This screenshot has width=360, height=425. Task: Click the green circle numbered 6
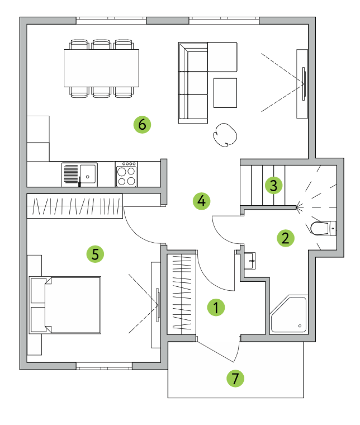[x=142, y=125]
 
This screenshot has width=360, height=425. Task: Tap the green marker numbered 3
[x=274, y=185]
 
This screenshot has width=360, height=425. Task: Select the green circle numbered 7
[x=235, y=379]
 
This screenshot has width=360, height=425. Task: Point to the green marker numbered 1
[x=216, y=307]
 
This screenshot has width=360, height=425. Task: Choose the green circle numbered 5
[x=95, y=254]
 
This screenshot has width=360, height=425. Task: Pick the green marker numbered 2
[x=285, y=238]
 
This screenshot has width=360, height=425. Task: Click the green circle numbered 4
[x=202, y=201]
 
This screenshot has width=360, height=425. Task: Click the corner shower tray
[x=289, y=314]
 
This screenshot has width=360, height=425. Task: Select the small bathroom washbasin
[x=249, y=261]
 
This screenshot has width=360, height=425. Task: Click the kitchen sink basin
[x=88, y=174]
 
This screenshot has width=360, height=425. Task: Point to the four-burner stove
[x=126, y=174]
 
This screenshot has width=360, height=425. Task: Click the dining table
[x=101, y=68]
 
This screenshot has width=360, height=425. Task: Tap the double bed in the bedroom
[x=65, y=305]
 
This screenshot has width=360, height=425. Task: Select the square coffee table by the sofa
[x=225, y=93]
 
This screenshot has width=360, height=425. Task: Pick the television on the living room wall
[x=303, y=84]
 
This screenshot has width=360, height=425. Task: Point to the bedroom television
[x=158, y=305]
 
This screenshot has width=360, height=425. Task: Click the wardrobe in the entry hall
[x=181, y=294]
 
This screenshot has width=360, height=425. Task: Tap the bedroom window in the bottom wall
[x=104, y=366]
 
